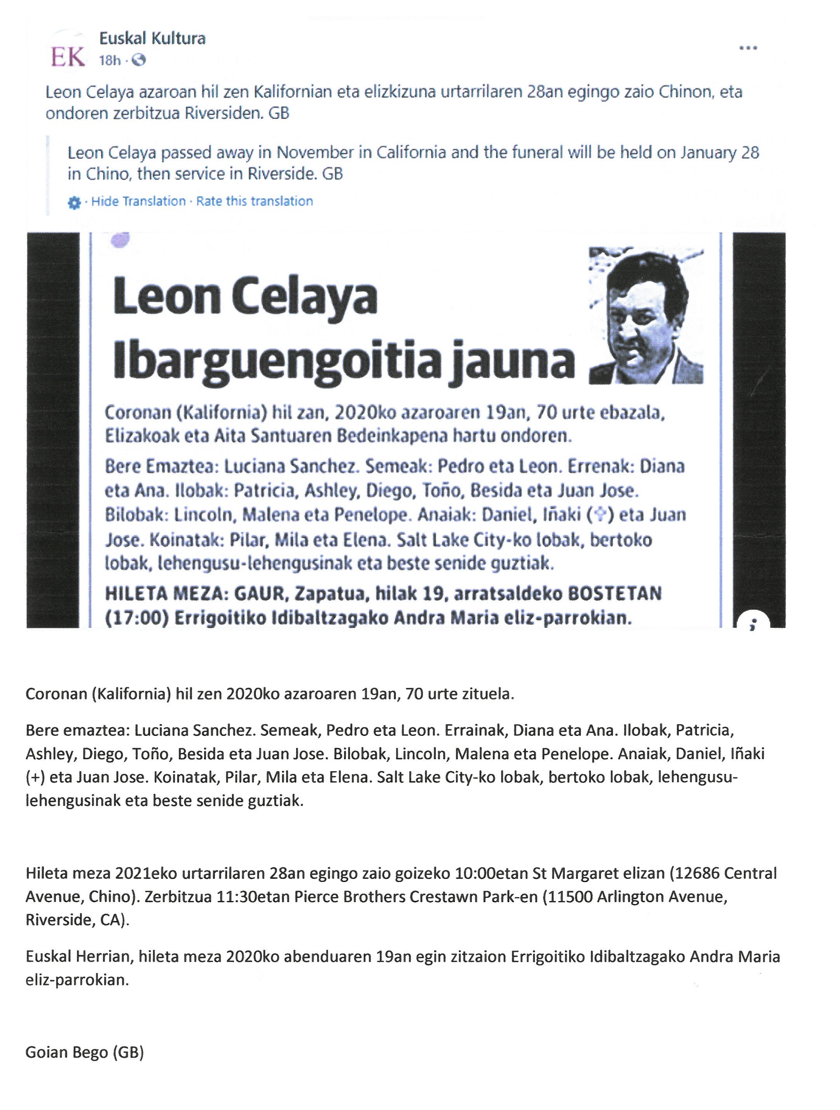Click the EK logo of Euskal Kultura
pos(68,57)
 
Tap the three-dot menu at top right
pos(748,48)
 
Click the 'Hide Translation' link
pos(138,201)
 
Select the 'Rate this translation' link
pos(255,201)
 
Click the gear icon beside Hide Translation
pos(74,203)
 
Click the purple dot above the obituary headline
pos(122,240)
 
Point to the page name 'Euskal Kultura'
pos(152,38)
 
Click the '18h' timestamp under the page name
pos(110,61)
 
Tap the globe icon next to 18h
pos(139,61)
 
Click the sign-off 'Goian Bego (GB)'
pos(84,1052)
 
